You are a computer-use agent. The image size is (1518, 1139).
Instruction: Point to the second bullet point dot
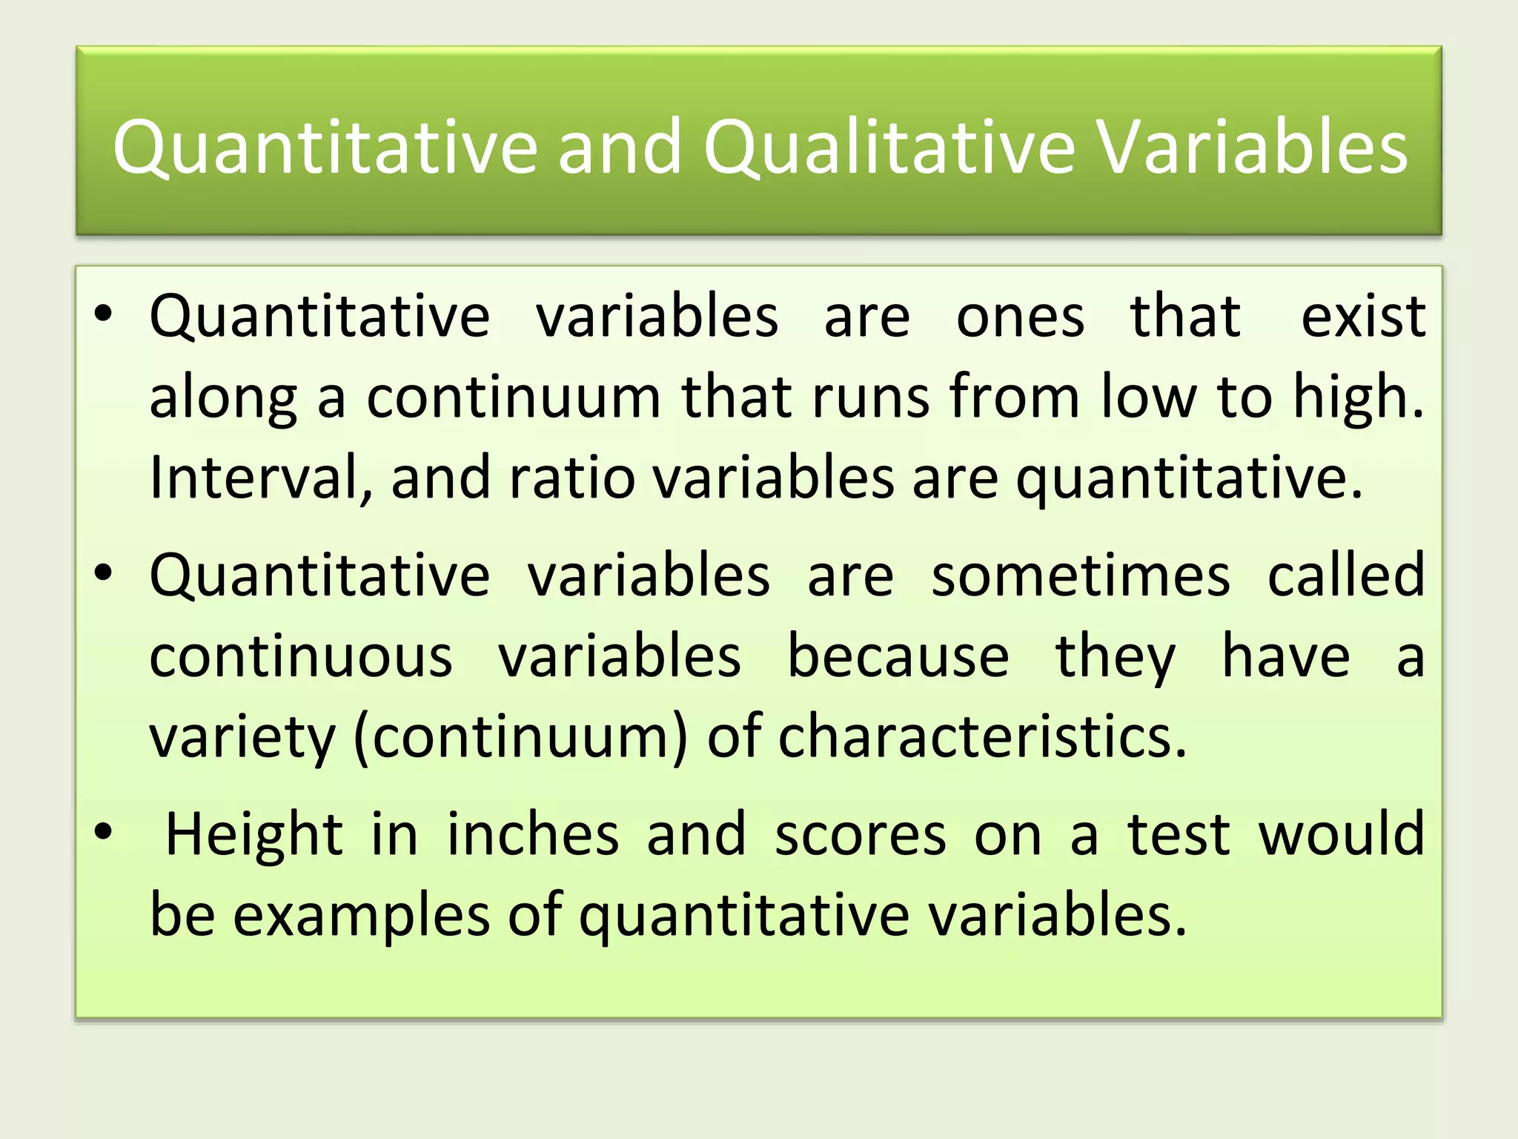(x=103, y=573)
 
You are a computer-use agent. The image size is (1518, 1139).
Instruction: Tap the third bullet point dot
(x=103, y=832)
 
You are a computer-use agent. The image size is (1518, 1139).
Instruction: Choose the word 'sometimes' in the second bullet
(x=1080, y=576)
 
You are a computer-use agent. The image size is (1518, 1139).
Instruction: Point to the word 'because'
(x=898, y=656)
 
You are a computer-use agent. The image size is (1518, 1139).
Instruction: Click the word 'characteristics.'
(x=982, y=736)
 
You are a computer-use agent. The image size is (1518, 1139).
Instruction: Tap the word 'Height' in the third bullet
(x=254, y=834)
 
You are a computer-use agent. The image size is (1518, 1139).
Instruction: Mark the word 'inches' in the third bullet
(x=532, y=834)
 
